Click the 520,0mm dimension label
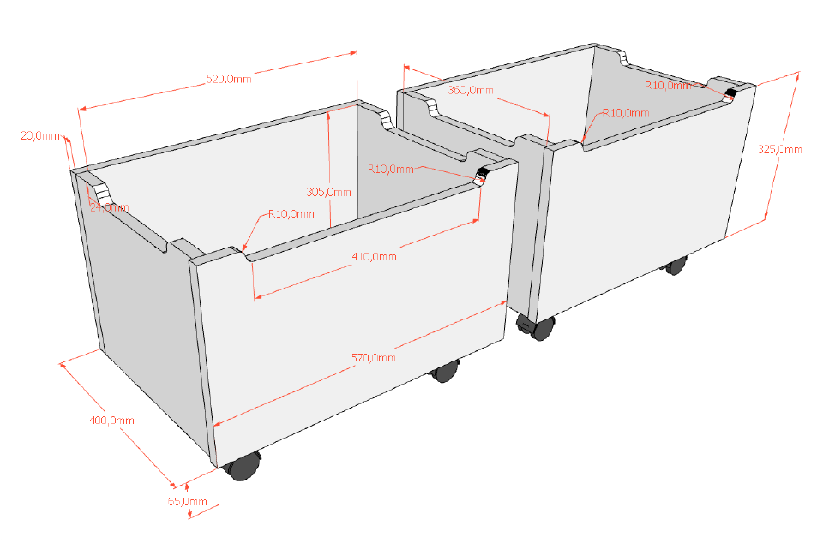pos(229,79)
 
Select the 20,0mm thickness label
pos(40,135)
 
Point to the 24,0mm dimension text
pos(111,208)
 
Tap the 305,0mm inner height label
pos(328,192)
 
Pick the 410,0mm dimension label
pos(375,256)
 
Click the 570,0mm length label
pos(373,357)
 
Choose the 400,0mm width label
pos(111,421)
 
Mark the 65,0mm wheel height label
pos(188,501)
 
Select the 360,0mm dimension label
pos(471,90)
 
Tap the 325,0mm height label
pos(780,149)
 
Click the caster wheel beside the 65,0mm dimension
pos(243,466)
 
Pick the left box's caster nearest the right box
pos(444,372)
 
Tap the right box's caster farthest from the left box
pos(676,266)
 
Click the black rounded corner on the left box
pos(482,176)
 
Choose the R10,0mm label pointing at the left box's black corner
pos(390,169)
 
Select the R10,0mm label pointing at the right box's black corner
pos(667,86)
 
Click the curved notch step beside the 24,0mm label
pos(100,190)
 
